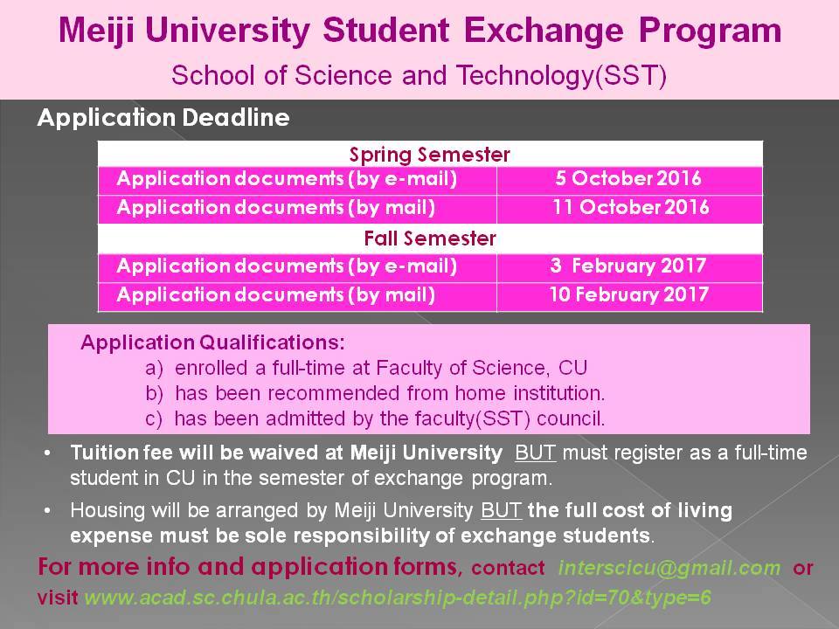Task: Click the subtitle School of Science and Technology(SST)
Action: pos(419,75)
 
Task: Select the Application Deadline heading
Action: pos(163,118)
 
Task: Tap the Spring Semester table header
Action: pos(429,155)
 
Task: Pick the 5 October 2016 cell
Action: pos(628,179)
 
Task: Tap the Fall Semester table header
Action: pos(429,238)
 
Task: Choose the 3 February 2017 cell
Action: pos(628,266)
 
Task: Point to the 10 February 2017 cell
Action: pos(628,294)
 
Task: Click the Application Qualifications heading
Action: pos(212,342)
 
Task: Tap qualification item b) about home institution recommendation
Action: pos(375,392)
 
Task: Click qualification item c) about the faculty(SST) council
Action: pos(375,418)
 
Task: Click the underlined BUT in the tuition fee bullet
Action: pos(536,453)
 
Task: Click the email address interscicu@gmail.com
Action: pos(669,568)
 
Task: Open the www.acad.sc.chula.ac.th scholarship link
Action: pos(398,599)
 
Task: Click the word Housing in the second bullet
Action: pos(101,510)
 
